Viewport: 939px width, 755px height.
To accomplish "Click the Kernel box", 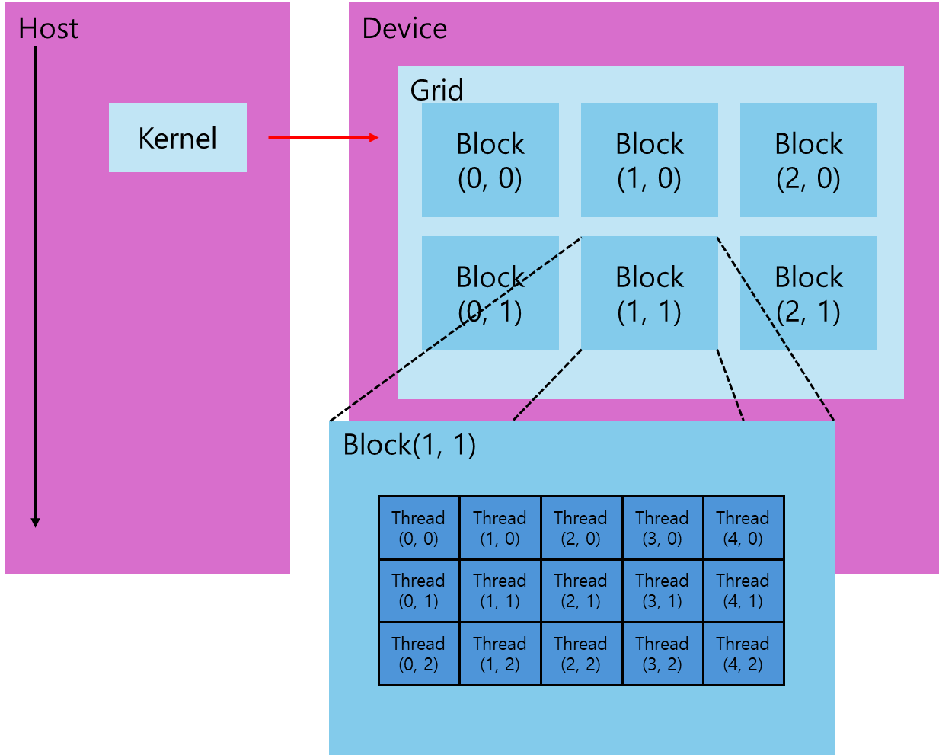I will [x=177, y=137].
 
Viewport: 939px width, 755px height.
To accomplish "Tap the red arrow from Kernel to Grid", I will [x=323, y=137].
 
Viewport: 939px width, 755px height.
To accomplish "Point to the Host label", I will [x=48, y=28].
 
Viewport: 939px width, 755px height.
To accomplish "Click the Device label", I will [x=404, y=28].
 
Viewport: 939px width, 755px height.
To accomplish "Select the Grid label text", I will [x=436, y=90].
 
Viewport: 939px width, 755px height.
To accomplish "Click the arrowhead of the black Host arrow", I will [x=35, y=522].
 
